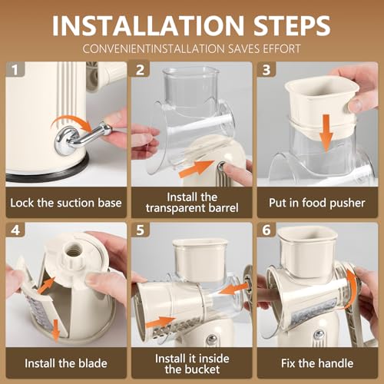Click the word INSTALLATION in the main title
point(148,25)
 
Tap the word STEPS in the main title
point(292,25)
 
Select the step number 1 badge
point(15,70)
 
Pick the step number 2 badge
point(141,70)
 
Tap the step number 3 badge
point(266,70)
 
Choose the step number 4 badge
point(15,230)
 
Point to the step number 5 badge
point(141,230)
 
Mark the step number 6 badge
point(266,230)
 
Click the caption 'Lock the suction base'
point(66,203)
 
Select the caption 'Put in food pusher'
point(317,204)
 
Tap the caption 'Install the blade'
point(66,363)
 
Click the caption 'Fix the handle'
point(317,363)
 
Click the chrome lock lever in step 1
point(82,137)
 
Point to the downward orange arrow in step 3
point(326,132)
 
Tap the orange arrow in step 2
point(196,168)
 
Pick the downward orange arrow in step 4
point(55,329)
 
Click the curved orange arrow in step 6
point(353,290)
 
